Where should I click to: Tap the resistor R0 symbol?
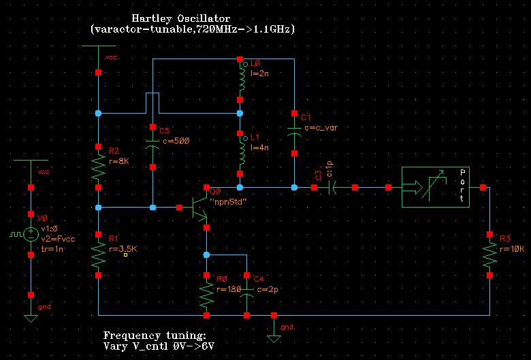[x=206, y=295]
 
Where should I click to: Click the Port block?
[x=436, y=187]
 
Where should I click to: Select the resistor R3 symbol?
[x=490, y=255]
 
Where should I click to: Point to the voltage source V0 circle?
[x=31, y=234]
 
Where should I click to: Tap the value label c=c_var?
[x=321, y=127]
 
